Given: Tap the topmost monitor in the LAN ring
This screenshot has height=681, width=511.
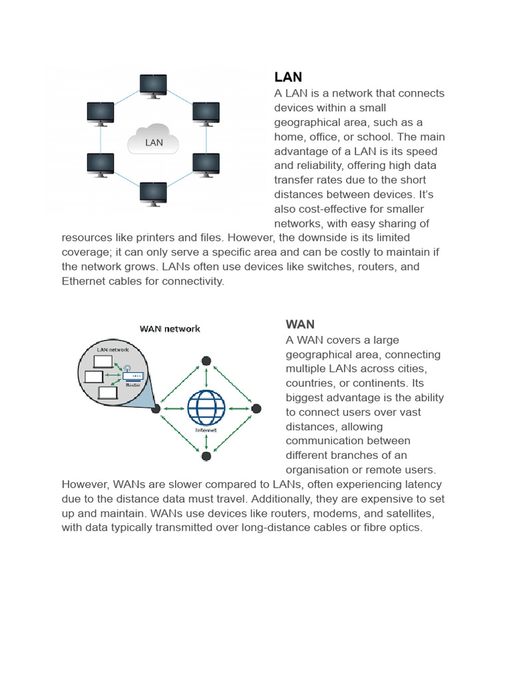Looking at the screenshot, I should point(154,85).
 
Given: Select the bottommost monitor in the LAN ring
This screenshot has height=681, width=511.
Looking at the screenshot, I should point(154,193).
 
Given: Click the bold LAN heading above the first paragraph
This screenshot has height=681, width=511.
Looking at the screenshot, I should point(288,77).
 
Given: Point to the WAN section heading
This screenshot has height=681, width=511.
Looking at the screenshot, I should point(300,325).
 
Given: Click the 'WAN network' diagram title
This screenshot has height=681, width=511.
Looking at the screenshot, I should point(170,329).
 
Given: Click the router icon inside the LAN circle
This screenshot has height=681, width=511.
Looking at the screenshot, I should point(132,376).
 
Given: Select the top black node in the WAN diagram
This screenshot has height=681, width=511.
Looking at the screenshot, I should point(206,360).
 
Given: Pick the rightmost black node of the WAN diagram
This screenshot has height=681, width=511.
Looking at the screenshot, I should point(256,408).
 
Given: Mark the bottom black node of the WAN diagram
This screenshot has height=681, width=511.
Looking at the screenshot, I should point(206,456).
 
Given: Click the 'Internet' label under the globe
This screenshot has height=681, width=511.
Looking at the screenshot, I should point(206,430).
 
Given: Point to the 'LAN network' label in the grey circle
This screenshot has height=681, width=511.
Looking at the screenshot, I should point(113,349).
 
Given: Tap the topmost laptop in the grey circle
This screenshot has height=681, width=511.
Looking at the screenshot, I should point(103,362).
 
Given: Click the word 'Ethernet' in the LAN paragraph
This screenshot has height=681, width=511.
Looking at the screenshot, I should point(84,281).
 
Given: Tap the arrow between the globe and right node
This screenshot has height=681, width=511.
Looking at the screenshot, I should point(238,408).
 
